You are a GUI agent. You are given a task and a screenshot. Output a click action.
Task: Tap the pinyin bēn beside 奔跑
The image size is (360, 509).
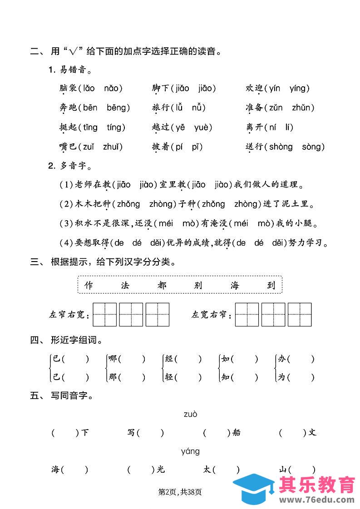click(90, 108)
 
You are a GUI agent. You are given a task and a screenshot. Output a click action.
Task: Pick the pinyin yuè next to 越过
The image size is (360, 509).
click(203, 127)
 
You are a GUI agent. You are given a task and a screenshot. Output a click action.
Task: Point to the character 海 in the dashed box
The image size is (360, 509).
click(234, 285)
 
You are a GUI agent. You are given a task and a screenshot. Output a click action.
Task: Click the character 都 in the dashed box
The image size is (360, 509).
click(162, 285)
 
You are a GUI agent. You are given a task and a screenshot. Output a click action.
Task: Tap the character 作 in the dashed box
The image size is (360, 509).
click(89, 285)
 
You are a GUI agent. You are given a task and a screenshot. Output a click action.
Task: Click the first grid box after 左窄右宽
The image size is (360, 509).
click(104, 315)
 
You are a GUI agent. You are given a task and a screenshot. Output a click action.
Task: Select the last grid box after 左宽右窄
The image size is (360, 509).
click(300, 315)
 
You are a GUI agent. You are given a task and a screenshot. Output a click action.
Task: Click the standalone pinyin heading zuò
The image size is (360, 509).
click(191, 414)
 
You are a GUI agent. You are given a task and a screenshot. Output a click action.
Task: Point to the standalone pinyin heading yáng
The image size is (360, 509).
click(190, 451)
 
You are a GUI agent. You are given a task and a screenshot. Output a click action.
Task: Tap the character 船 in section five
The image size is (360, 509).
click(236, 433)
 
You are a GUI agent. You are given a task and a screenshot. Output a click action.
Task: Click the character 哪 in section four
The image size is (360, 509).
click(112, 359)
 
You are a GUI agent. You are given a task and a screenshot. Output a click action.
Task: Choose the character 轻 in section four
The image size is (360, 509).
click(169, 377)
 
